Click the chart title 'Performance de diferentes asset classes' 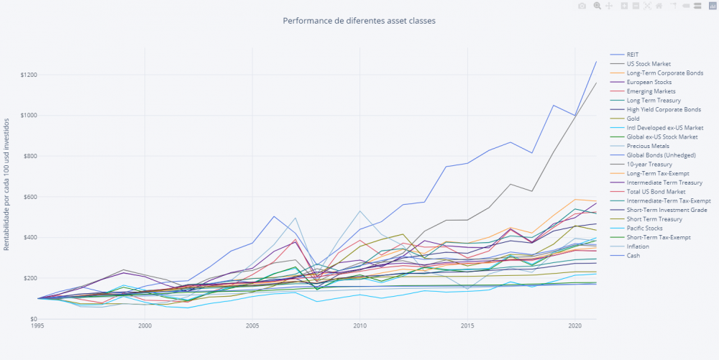point(359,21)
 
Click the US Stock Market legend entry point(649,64)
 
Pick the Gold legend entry point(634,119)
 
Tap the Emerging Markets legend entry point(650,91)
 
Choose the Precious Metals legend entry point(648,146)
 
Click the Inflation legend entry point(638,246)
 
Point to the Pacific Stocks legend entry point(645,228)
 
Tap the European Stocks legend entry point(649,82)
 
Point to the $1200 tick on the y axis point(29,75)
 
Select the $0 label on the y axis point(33,319)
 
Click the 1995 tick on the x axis point(38,326)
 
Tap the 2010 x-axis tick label point(359,326)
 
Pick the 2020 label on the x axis point(574,326)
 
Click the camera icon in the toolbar point(582,6)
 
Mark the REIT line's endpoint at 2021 point(596,61)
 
